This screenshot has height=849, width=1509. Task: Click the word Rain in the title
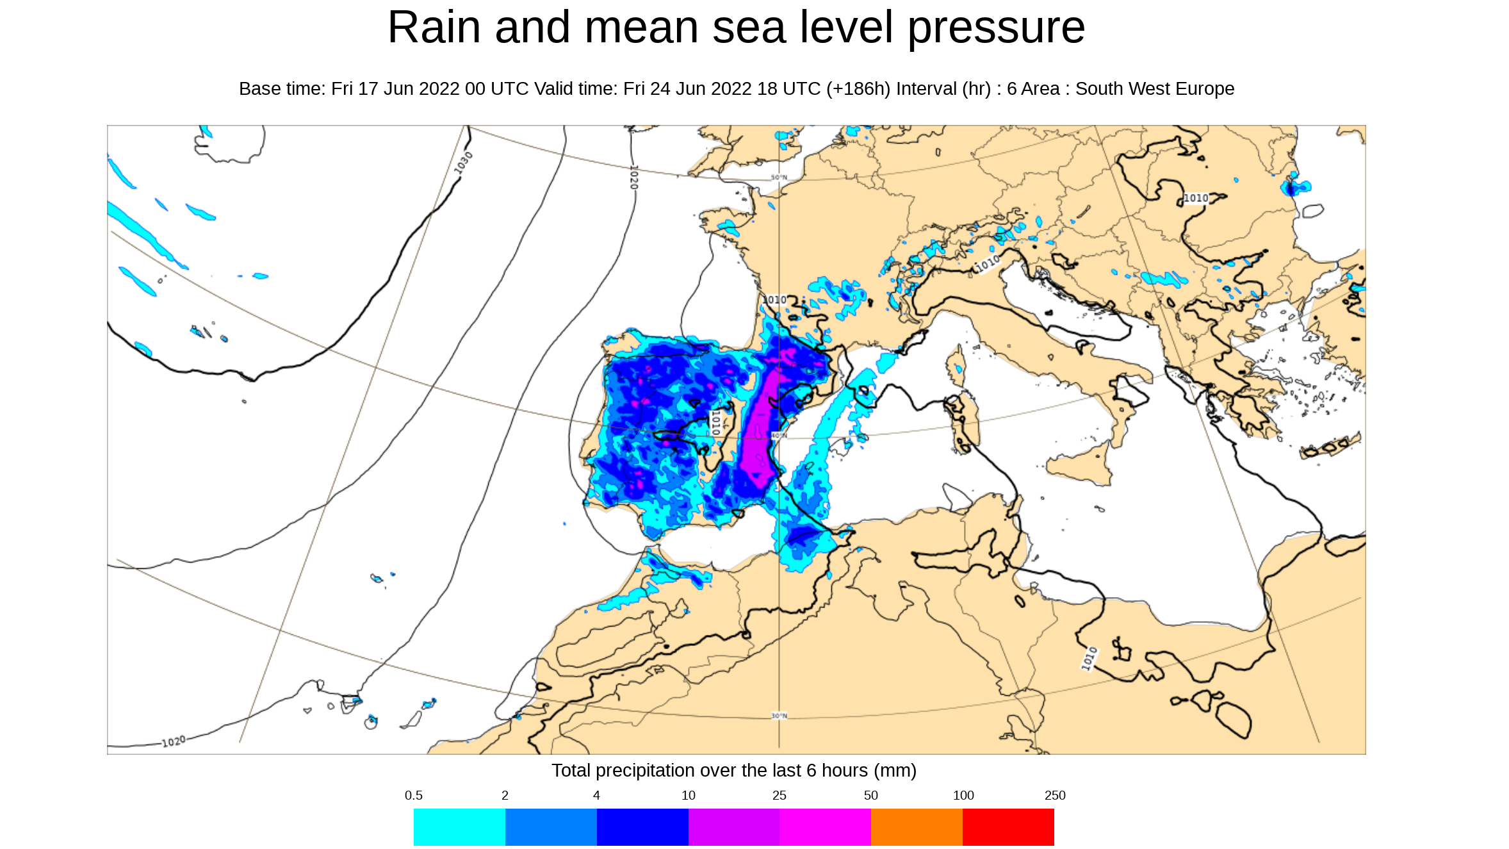click(434, 28)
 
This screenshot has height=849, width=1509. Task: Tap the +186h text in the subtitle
click(858, 88)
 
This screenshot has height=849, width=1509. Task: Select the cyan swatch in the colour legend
click(459, 827)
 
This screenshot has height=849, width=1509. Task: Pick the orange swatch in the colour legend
click(917, 827)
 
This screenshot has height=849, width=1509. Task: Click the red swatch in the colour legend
click(1008, 827)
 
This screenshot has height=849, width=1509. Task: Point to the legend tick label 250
click(1054, 795)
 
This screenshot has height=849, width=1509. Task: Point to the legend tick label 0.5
click(413, 795)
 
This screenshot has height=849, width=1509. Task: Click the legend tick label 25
click(779, 795)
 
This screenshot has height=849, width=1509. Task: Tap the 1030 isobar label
click(463, 162)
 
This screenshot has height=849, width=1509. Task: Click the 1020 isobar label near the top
click(633, 177)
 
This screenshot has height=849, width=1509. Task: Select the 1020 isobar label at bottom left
click(174, 741)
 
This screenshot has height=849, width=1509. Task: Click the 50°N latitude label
click(778, 177)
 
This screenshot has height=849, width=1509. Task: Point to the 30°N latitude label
click(779, 716)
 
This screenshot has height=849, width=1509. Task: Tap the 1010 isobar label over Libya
click(1089, 659)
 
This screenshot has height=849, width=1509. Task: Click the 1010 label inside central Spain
click(716, 423)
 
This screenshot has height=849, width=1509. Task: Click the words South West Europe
click(1154, 88)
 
